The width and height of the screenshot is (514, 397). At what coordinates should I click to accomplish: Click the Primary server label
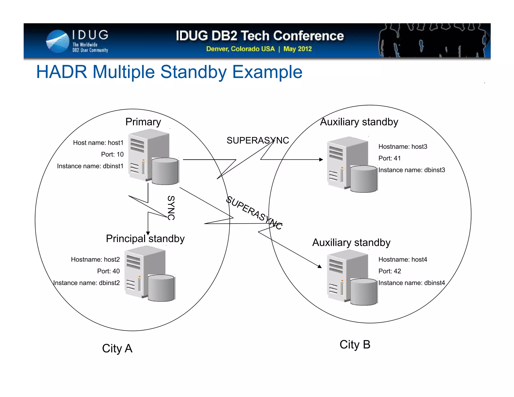click(143, 122)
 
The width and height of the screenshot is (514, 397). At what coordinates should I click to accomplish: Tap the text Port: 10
click(112, 154)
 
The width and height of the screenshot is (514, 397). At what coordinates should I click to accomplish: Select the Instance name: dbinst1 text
click(90, 166)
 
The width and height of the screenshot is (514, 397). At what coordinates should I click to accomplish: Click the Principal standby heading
click(145, 239)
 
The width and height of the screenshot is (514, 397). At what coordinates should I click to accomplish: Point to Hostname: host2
click(95, 259)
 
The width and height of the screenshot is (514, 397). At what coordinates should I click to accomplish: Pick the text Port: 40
click(108, 271)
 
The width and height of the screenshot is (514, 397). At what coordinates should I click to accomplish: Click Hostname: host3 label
click(403, 147)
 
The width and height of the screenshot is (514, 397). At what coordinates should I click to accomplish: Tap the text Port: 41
click(390, 158)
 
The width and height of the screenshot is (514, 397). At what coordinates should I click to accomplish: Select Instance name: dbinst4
click(412, 283)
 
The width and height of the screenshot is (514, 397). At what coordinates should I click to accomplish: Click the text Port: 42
click(390, 271)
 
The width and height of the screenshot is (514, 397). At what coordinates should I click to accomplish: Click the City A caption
click(117, 349)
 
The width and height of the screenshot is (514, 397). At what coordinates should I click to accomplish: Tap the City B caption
click(355, 345)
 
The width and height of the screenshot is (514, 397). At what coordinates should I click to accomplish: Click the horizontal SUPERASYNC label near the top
click(258, 141)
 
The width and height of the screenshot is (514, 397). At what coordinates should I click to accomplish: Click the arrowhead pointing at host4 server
click(320, 267)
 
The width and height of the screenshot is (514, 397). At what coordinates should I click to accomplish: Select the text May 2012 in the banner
click(297, 49)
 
